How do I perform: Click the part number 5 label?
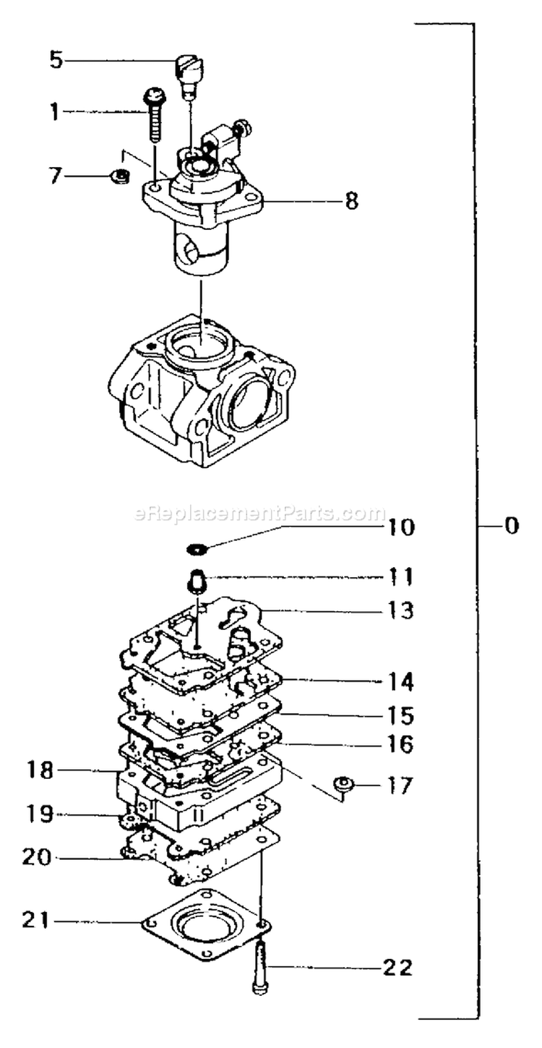(x=56, y=61)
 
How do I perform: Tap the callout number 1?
(x=56, y=112)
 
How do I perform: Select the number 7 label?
(x=56, y=176)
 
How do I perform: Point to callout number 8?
(x=351, y=201)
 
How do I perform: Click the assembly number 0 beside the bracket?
(x=512, y=526)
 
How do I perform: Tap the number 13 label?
(x=400, y=610)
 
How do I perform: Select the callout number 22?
(x=398, y=968)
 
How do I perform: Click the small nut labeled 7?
(x=120, y=177)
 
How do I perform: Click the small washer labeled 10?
(x=197, y=549)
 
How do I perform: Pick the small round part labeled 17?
(x=343, y=784)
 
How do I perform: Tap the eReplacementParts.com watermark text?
(x=259, y=514)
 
